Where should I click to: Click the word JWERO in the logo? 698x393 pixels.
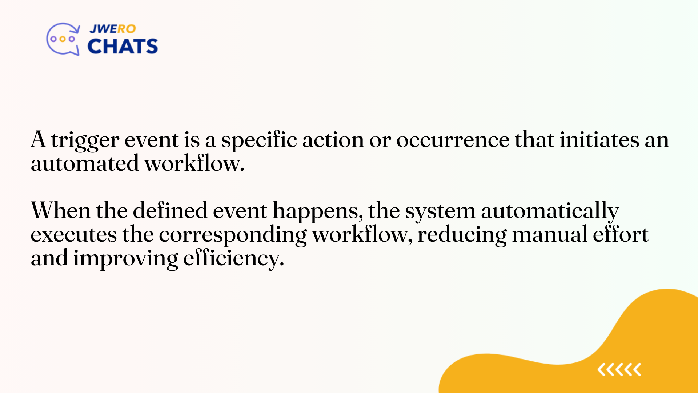[112, 29]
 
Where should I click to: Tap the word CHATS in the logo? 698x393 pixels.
[123, 47]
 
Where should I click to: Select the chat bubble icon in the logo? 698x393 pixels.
[63, 39]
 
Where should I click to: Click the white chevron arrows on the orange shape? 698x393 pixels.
[619, 370]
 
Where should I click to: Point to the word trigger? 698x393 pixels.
[85, 140]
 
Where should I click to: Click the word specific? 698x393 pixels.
[259, 140]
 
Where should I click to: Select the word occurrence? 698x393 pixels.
[453, 140]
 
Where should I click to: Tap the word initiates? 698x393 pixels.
[599, 140]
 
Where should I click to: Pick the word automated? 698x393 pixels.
[85, 164]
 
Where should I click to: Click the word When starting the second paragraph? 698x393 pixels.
[61, 211]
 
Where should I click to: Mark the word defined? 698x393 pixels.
[170, 211]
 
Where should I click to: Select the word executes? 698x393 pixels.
[73, 235]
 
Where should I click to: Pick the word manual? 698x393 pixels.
[550, 235]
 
